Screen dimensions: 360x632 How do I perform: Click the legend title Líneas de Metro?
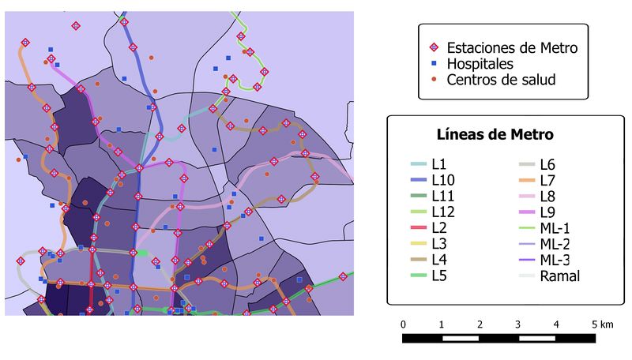tap(495, 134)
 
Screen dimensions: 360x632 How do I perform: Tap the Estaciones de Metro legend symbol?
tap(434, 48)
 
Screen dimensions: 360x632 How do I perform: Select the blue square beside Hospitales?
tap(434, 64)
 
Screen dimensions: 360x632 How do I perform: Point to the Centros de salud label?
tap(501, 80)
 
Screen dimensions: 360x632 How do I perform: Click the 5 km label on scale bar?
tap(601, 324)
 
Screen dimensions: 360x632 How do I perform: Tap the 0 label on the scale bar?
tap(404, 324)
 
